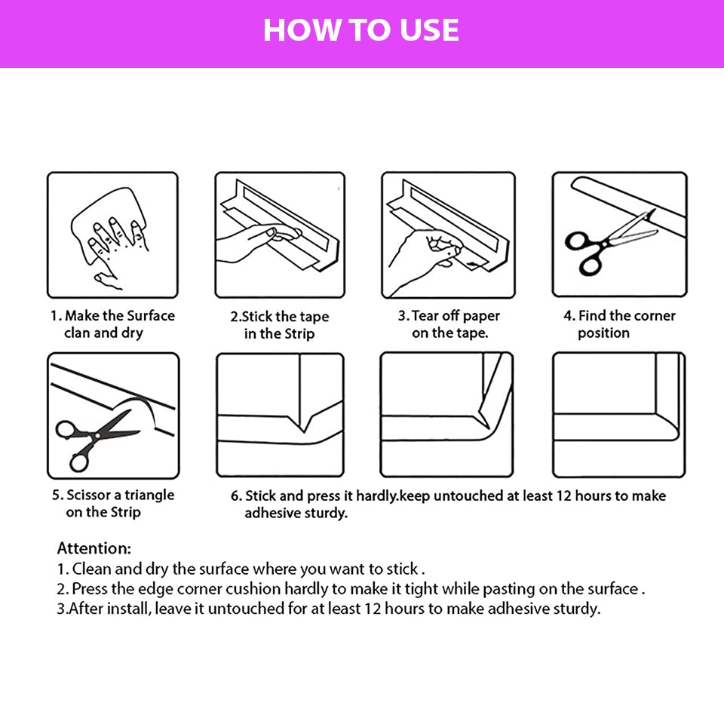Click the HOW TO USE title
point(361,30)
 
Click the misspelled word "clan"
point(77,333)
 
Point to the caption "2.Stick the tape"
point(280,317)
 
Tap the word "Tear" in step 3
point(425,316)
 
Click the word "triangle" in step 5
point(149,495)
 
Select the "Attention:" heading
point(94,548)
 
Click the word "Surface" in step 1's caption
point(151,316)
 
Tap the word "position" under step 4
point(603,333)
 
